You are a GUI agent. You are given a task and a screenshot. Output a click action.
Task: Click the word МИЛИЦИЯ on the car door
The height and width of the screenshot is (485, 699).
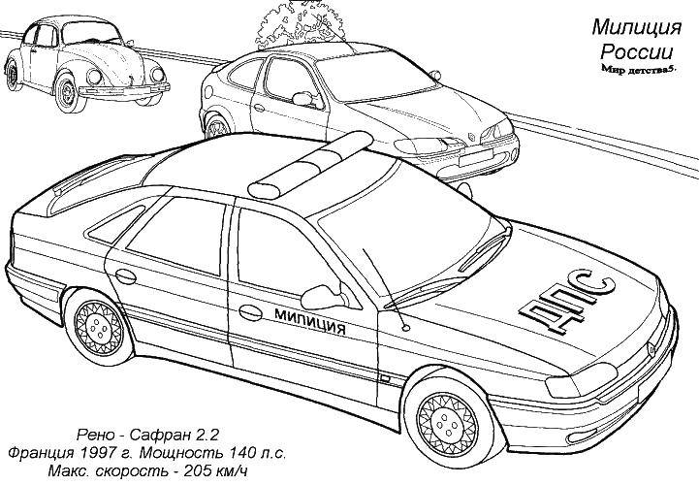(x=310, y=321)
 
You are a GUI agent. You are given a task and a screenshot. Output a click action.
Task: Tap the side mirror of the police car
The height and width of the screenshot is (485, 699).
(x=324, y=297)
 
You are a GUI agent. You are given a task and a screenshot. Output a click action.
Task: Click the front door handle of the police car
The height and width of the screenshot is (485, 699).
(x=250, y=312)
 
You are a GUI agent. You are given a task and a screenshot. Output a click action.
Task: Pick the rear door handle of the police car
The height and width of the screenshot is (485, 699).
(x=126, y=276)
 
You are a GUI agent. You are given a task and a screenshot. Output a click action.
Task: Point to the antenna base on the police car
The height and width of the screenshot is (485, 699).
(x=405, y=328)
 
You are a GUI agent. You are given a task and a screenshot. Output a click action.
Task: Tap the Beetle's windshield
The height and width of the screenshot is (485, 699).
(x=91, y=33)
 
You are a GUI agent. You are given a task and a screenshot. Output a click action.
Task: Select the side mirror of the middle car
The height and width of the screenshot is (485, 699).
(x=303, y=99)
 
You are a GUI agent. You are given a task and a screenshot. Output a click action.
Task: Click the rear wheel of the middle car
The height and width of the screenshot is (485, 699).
(x=217, y=126)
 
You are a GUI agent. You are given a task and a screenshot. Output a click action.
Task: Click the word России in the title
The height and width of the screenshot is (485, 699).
(x=637, y=52)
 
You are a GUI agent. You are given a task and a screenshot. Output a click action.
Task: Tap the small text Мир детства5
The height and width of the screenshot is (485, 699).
(x=638, y=70)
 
